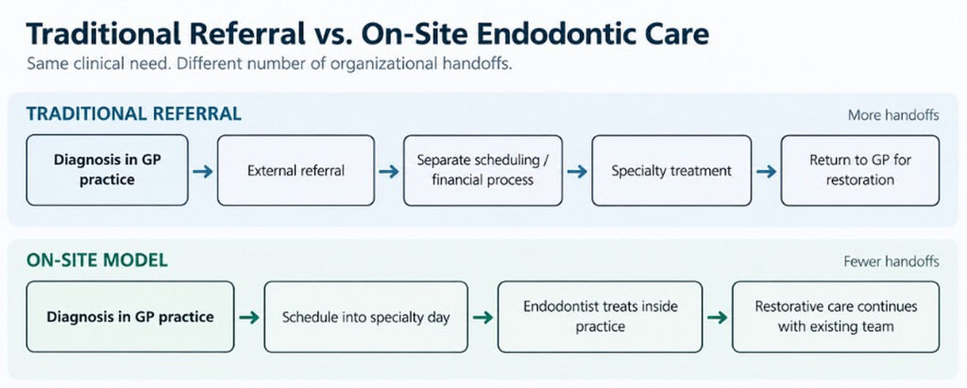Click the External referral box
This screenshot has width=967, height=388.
[x=296, y=170]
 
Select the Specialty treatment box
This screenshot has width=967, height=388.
[x=671, y=170]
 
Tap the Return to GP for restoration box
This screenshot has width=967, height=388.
[x=860, y=170]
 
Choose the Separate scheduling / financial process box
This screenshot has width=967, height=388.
[x=483, y=170]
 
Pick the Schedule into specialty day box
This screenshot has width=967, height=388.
[x=365, y=317]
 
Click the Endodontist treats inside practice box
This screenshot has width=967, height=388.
[x=600, y=317]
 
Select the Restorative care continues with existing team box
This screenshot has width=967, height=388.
[x=836, y=317]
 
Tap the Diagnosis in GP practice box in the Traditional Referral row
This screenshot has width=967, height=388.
[x=108, y=170]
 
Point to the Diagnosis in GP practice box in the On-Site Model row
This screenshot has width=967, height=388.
[x=130, y=317]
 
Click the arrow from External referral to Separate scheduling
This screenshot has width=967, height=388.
[x=389, y=172]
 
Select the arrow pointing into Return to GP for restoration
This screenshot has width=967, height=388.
[x=767, y=172]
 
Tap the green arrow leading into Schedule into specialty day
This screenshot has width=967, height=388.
[x=249, y=318]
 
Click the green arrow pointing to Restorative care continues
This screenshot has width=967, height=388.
[x=718, y=318]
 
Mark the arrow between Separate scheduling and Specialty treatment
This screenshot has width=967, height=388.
[x=577, y=172]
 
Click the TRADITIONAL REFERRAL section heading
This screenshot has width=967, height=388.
[x=134, y=114]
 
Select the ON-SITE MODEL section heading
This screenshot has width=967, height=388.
[x=97, y=261]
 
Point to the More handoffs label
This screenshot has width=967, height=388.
[x=893, y=115]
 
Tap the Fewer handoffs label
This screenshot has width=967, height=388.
[x=891, y=261]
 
